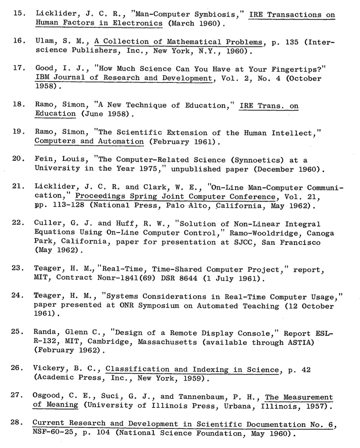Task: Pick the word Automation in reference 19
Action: point(121,141)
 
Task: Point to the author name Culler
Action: point(45,223)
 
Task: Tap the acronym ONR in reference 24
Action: point(127,305)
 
